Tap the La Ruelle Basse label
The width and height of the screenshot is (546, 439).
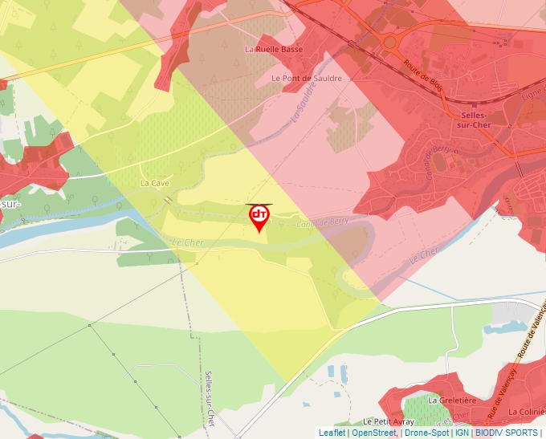[x=274, y=49]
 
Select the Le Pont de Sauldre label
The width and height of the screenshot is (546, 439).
[x=307, y=78]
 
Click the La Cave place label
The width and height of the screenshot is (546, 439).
[x=155, y=183]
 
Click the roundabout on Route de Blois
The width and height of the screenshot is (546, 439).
[x=390, y=41]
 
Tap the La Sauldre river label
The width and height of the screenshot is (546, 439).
[x=303, y=106]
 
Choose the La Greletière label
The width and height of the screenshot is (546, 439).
[x=452, y=400]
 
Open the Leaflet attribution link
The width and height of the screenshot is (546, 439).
[x=332, y=433]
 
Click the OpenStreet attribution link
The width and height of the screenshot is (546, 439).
[x=373, y=433]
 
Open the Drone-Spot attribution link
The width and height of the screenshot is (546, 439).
[x=426, y=433]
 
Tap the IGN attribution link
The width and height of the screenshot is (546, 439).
[x=462, y=433]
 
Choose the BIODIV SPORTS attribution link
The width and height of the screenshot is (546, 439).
[x=506, y=433]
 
